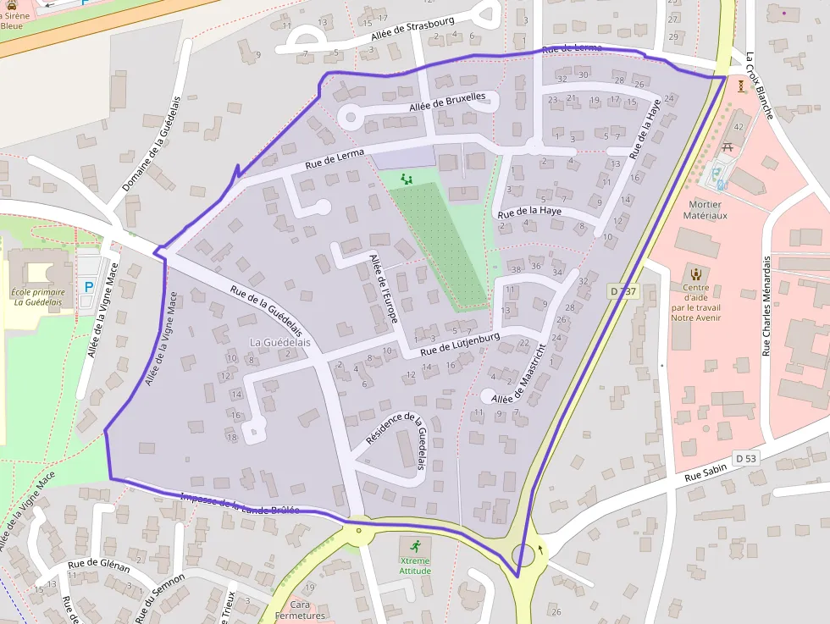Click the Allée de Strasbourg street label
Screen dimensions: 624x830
click(412, 31)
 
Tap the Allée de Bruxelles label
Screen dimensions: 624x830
click(447, 102)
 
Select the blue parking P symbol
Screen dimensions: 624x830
click(89, 287)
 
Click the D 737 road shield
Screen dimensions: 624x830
click(622, 291)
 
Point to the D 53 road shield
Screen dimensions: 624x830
click(745, 458)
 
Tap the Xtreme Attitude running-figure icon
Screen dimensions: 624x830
click(415, 544)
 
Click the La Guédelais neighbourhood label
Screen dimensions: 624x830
click(280, 342)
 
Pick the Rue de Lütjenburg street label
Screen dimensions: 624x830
click(460, 343)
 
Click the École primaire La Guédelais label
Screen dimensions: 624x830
click(37, 297)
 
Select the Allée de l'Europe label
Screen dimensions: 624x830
click(383, 287)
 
